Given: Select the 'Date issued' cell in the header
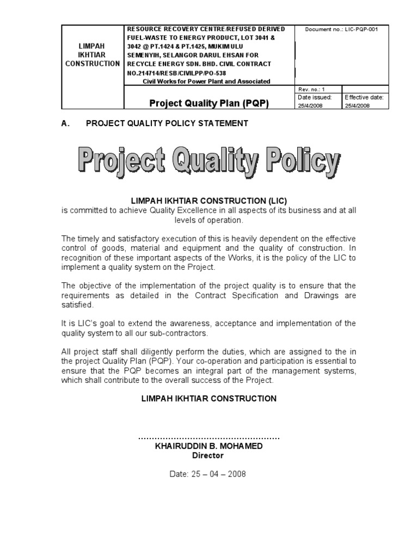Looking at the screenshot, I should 317,101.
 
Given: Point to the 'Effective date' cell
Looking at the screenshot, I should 365,101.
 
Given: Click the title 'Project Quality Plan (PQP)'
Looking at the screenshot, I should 210,103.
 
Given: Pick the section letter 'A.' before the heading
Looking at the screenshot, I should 66,123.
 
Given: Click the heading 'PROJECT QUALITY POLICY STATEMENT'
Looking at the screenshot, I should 167,123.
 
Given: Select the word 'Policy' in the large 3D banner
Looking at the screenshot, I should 299,162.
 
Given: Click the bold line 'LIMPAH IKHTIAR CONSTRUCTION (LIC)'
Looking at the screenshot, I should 209,201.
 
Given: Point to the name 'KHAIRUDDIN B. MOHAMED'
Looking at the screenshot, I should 209,446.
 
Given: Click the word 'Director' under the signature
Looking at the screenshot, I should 208,456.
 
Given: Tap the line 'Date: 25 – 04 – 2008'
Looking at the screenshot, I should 208,474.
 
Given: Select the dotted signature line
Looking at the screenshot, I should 209,437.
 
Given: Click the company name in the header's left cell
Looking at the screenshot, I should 93,55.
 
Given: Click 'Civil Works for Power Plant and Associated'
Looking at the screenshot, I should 206,81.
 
